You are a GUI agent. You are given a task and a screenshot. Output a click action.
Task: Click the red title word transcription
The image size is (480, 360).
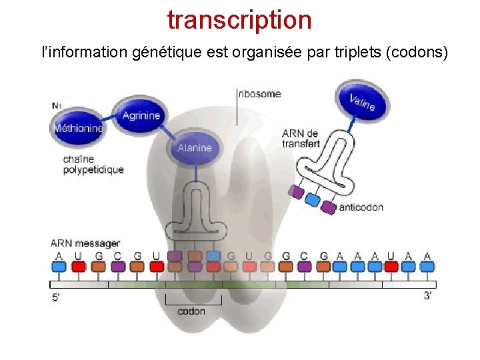coord(239,20)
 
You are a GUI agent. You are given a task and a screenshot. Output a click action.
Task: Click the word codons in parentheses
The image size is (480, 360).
coord(417,52)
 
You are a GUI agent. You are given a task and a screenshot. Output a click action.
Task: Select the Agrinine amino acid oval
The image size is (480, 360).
coord(141,115)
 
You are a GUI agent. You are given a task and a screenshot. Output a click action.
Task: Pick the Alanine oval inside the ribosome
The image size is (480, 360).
coord(194,147)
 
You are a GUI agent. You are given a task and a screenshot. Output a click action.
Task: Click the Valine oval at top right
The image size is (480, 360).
coord(362,102)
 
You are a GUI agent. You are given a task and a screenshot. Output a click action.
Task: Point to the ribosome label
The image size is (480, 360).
coord(259,94)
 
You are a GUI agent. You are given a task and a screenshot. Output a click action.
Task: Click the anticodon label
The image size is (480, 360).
coord(361,207)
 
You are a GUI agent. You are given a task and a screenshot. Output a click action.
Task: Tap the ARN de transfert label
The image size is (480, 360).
coord(301,139)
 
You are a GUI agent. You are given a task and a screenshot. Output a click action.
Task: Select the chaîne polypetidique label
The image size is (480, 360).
coord(93,165)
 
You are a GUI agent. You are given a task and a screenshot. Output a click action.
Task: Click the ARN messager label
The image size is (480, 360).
coord(85,243)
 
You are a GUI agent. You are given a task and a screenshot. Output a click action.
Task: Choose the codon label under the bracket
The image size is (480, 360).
coord(191,311)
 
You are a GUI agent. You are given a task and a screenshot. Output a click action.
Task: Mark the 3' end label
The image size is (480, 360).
coord(427,295)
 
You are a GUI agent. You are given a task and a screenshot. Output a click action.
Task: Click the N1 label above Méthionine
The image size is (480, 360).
coord(58,105)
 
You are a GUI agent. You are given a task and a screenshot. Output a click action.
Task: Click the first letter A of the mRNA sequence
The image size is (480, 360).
coord(59,255)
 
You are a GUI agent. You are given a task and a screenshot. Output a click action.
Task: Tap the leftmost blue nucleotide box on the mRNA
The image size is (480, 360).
coord(59,267)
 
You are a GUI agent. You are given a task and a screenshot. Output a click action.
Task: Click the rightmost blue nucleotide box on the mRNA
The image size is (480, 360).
coord(427,267)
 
